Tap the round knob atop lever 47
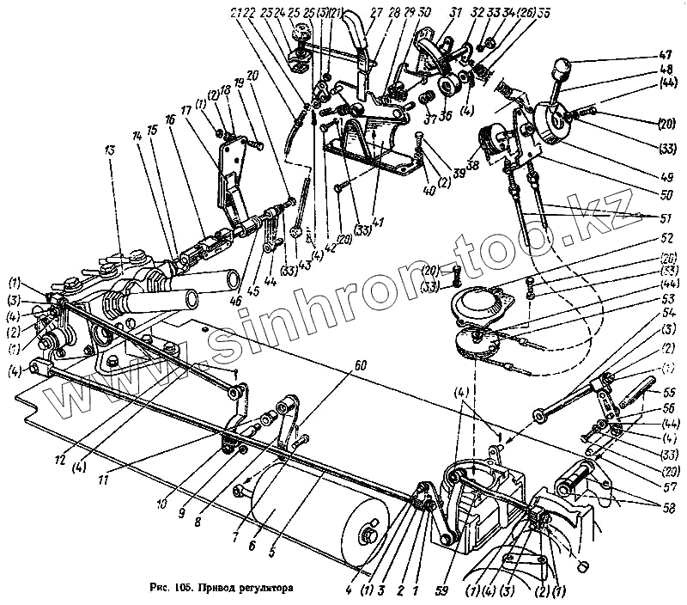click(x=562, y=65)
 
